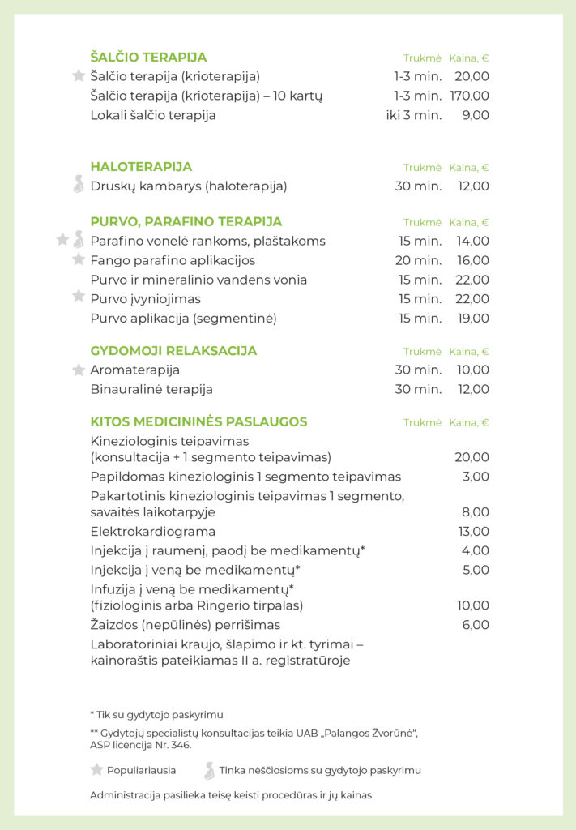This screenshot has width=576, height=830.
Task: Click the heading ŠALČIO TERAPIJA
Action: [x=148, y=58]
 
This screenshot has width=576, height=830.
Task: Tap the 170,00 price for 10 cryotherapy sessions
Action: [x=470, y=96]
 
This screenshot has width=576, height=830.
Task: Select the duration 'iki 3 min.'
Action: [x=414, y=115]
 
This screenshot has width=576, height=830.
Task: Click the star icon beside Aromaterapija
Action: [x=79, y=370]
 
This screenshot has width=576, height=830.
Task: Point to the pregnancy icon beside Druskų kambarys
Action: [x=79, y=185]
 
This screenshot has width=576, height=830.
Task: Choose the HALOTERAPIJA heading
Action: [x=141, y=167]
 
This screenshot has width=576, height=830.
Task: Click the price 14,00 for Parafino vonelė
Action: [x=473, y=241]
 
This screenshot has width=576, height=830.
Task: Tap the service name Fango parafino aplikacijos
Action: [x=173, y=260]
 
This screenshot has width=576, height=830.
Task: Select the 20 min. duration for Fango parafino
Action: [x=419, y=260]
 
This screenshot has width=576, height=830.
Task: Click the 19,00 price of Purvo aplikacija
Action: [x=473, y=319]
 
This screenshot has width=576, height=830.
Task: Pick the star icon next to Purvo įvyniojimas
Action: [x=79, y=297]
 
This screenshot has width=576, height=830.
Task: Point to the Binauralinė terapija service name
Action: [x=151, y=389]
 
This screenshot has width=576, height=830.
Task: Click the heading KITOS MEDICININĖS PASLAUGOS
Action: [x=198, y=422]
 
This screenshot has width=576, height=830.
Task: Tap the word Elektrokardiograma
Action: [x=153, y=532]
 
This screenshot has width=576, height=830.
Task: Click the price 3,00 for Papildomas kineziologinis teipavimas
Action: [x=476, y=477]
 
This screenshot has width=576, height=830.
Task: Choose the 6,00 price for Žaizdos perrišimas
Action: [x=476, y=625]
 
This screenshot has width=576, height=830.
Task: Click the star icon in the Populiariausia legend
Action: [x=96, y=770]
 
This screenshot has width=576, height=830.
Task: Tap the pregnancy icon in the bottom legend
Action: [x=210, y=770]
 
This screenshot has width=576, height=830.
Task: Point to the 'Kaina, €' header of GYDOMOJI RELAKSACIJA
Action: [x=469, y=352]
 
